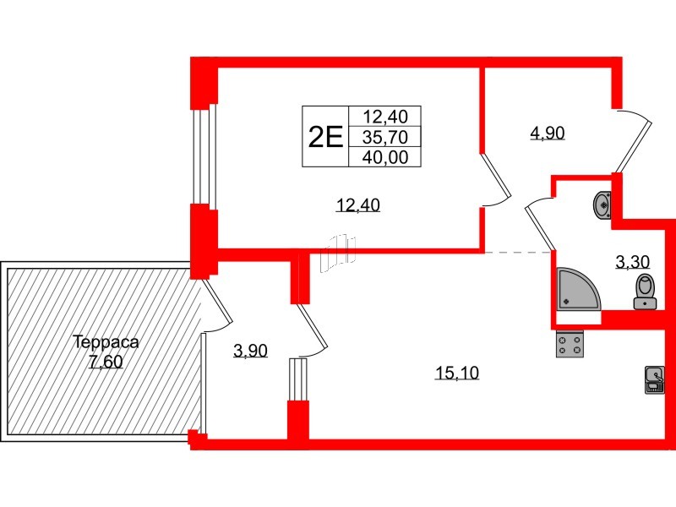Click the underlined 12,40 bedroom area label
pyautogui.click(x=356, y=204)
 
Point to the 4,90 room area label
pyautogui.click(x=547, y=133)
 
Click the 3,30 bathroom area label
pyautogui.click(x=632, y=262)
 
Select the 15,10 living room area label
pyautogui.click(x=457, y=373)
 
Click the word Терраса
pyautogui.click(x=105, y=343)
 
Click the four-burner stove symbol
pyautogui.click(x=570, y=344)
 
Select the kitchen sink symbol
pyautogui.click(x=654, y=379)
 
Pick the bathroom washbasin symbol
pyautogui.click(x=603, y=204)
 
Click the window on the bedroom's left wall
pyautogui.click(x=201, y=156)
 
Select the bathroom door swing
pyautogui.click(x=539, y=221)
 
